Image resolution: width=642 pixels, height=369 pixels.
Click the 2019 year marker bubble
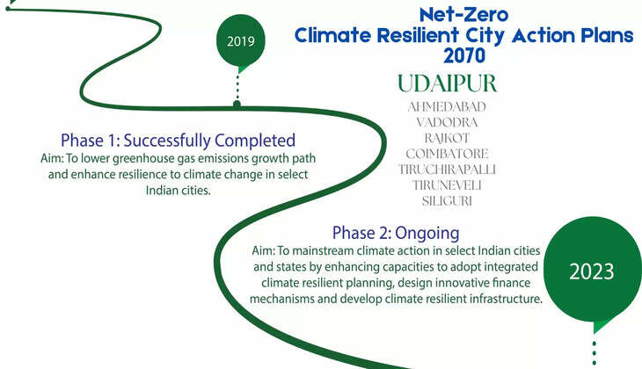239,41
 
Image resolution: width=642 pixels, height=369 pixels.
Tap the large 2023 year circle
591,271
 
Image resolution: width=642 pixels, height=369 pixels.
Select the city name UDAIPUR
447,84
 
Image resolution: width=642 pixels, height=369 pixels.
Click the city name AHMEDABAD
447,106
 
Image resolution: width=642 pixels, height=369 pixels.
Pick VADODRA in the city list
447,122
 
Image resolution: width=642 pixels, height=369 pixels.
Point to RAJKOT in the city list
447,138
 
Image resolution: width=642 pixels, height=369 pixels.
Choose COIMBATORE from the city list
447,154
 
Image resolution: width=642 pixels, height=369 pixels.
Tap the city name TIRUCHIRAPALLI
447,169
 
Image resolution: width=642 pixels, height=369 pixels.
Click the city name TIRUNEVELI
447,184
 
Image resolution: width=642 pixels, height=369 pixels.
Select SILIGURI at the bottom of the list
447,200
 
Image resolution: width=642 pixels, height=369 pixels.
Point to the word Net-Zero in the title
463,15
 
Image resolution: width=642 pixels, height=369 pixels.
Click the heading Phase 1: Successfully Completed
178,140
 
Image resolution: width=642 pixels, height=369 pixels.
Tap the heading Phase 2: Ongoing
396,233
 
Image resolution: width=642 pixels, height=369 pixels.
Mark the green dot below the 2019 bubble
237,104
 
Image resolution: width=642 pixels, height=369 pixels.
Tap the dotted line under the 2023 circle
595,350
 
